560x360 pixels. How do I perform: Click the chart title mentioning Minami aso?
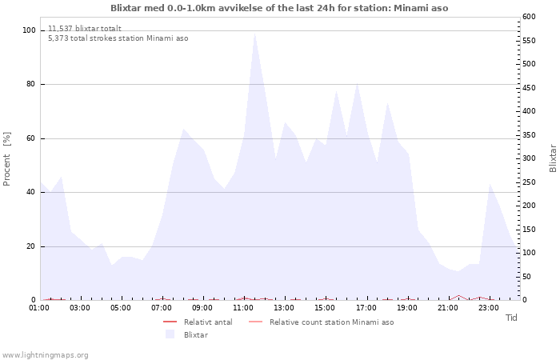tap(279, 8)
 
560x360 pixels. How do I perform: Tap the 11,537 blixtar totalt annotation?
tap(85, 29)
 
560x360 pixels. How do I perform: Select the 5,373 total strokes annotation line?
tap(118, 38)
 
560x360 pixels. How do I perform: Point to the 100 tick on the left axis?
tap(30, 30)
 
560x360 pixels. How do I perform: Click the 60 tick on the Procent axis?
tap(30, 138)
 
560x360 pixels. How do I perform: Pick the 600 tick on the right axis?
tap(529, 17)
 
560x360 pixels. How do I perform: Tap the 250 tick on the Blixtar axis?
tap(529, 182)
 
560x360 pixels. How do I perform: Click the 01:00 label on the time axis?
tap(39, 308)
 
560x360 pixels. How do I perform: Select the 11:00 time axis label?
tap(243, 308)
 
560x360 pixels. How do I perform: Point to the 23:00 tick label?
tap(489, 308)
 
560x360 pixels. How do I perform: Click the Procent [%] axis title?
tap(6, 159)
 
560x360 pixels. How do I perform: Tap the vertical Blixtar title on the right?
tap(553, 158)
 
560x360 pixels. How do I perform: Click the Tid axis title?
tap(511, 318)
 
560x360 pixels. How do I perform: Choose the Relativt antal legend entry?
tap(198, 322)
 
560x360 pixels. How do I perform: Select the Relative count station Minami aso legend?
tap(321, 322)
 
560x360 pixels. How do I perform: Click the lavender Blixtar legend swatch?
tap(170, 334)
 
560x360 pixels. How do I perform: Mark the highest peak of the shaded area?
tap(254, 34)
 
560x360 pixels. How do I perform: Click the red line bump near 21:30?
tap(458, 296)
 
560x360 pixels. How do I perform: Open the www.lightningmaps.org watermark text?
tap(45, 355)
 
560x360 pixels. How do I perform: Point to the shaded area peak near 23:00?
tap(490, 184)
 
